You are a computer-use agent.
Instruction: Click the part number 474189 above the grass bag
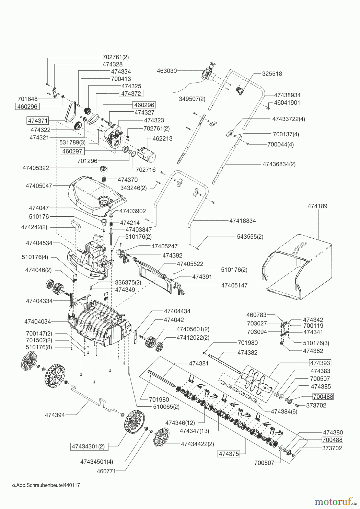(x=317, y=206)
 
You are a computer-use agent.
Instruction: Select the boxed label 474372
(x=131, y=93)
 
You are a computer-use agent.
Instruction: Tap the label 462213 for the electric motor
(x=162, y=139)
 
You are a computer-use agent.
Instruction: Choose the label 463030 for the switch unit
(x=167, y=71)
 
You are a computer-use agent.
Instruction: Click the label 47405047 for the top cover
(x=39, y=186)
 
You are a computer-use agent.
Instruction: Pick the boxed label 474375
(x=228, y=454)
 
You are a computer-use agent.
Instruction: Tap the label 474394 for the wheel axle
(x=55, y=415)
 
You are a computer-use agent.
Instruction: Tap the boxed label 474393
(x=320, y=363)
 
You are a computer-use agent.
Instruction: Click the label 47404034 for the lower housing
(x=37, y=322)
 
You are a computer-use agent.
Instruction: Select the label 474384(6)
(x=284, y=412)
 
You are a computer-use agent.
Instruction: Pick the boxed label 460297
(x=72, y=151)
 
